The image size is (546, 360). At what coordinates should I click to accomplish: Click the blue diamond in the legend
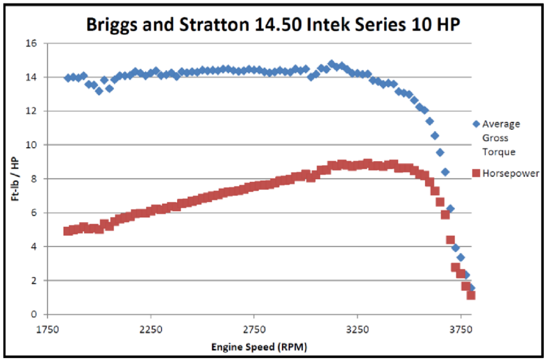pos(476,124)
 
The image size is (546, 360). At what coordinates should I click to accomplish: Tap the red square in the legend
pos(476,174)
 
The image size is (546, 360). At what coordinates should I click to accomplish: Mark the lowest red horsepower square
pos(471,295)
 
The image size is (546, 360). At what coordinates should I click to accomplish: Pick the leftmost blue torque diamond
pos(68,78)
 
